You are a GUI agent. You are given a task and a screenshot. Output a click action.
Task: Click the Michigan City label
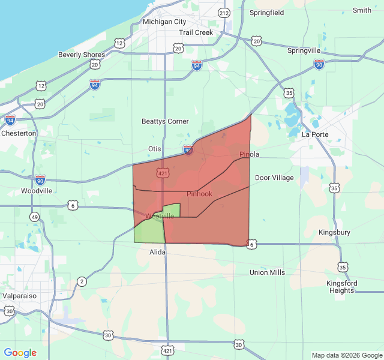point(164,22)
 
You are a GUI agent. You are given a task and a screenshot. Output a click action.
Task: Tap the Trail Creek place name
point(196,32)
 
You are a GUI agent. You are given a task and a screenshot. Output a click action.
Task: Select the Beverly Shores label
point(81,55)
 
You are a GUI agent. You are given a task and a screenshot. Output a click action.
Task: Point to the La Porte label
point(315,134)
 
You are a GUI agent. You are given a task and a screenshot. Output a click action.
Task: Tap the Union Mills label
point(267,272)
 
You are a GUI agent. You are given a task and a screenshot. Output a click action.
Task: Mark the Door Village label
point(274,178)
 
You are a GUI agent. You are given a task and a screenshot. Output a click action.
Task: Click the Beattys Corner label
point(165,121)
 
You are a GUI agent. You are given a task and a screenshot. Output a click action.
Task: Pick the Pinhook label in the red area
point(199,194)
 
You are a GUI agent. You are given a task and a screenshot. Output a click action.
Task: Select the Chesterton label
point(19,133)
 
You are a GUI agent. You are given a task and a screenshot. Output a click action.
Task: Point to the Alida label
point(157,253)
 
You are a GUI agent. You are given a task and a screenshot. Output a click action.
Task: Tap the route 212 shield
point(224,13)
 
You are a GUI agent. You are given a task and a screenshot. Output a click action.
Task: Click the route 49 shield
point(35,217)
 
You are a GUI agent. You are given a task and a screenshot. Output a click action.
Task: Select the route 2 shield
point(82,281)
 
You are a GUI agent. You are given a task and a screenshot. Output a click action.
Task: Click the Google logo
point(20,353)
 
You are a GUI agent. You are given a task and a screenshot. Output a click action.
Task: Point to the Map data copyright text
point(346,355)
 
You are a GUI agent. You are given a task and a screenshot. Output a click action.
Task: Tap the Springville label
point(304,50)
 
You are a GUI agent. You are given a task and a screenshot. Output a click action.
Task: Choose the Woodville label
point(37,190)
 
